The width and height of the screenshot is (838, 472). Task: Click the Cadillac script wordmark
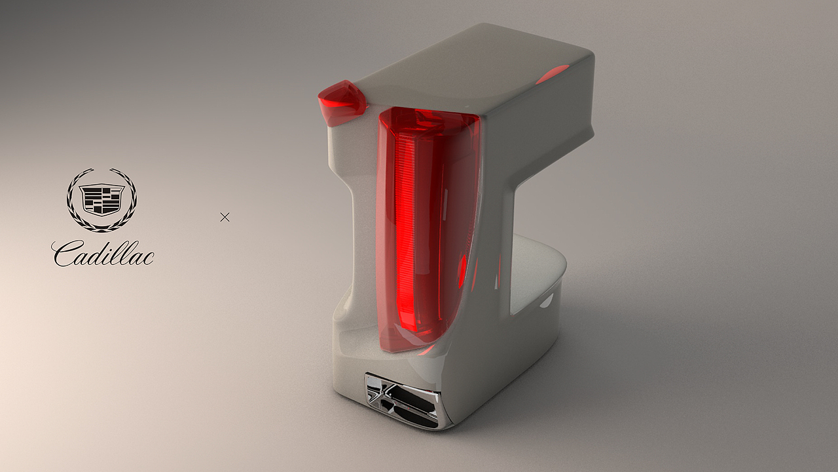[103, 254]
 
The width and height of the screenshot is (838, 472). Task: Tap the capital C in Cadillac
[64, 254]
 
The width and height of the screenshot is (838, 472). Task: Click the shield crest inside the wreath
[101, 199]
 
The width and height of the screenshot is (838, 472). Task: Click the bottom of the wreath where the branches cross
[101, 229]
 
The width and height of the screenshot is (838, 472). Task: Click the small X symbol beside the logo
[225, 217]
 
